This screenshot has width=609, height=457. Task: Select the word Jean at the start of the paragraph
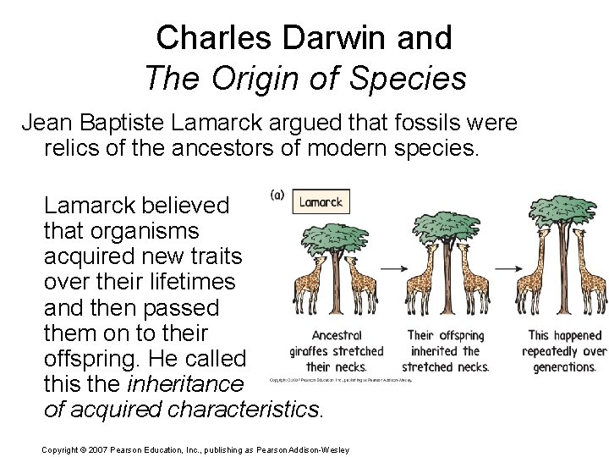[x=44, y=124]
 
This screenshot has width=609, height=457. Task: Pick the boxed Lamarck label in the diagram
[x=321, y=201]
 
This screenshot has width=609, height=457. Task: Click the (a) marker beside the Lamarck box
[x=277, y=195]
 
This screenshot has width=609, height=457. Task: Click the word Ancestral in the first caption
[x=337, y=336]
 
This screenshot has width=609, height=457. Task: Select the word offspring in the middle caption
[x=458, y=336]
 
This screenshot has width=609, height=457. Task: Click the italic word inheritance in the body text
[x=184, y=384]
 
